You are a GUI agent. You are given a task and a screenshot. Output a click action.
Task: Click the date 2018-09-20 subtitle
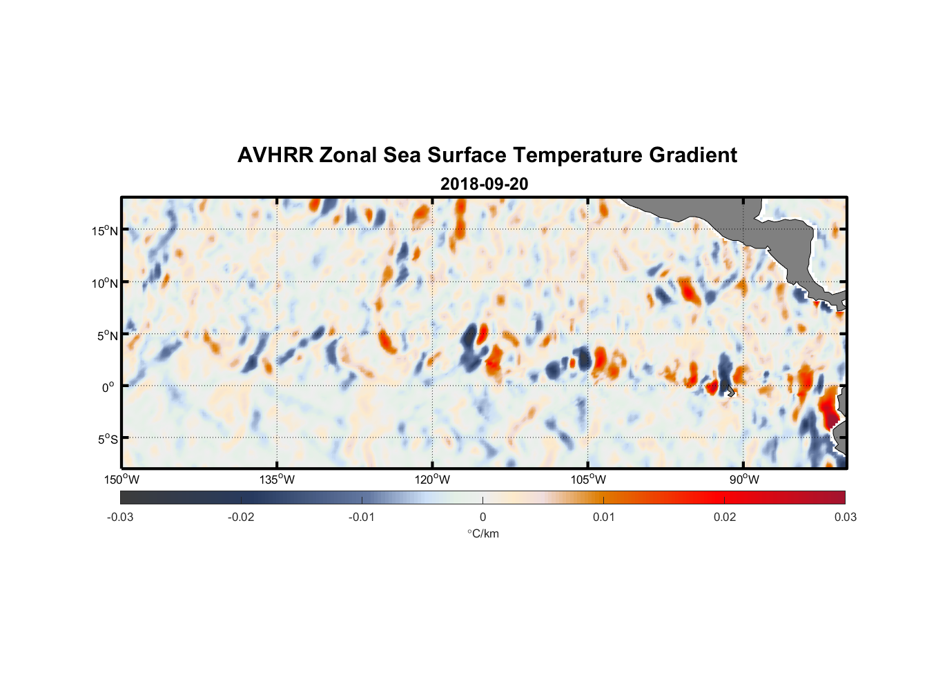(x=484, y=184)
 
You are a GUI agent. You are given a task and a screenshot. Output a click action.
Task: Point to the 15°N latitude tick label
(x=104, y=230)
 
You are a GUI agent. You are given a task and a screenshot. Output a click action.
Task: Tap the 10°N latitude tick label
(x=104, y=283)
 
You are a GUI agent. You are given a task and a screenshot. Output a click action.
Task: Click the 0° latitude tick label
(x=108, y=387)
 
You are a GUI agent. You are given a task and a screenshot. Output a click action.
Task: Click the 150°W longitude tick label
(x=121, y=480)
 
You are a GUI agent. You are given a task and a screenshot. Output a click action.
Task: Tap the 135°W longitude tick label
(x=277, y=480)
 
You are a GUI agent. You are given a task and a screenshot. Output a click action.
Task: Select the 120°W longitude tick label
(x=432, y=480)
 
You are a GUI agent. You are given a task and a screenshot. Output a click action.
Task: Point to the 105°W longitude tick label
(x=588, y=480)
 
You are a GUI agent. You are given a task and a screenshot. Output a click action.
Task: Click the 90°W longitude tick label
(x=744, y=480)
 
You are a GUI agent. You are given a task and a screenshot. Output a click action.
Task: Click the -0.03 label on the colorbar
(x=120, y=517)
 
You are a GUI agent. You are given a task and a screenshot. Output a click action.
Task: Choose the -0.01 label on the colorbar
(x=362, y=517)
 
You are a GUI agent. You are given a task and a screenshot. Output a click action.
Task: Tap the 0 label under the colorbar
(x=482, y=517)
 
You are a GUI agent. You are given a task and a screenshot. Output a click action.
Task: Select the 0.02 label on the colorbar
(x=725, y=517)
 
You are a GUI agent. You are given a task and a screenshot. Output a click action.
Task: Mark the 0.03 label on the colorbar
(x=845, y=517)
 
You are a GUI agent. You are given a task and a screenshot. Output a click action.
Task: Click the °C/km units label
(x=483, y=533)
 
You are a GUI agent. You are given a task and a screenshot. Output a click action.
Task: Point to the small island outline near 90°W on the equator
(x=730, y=391)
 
